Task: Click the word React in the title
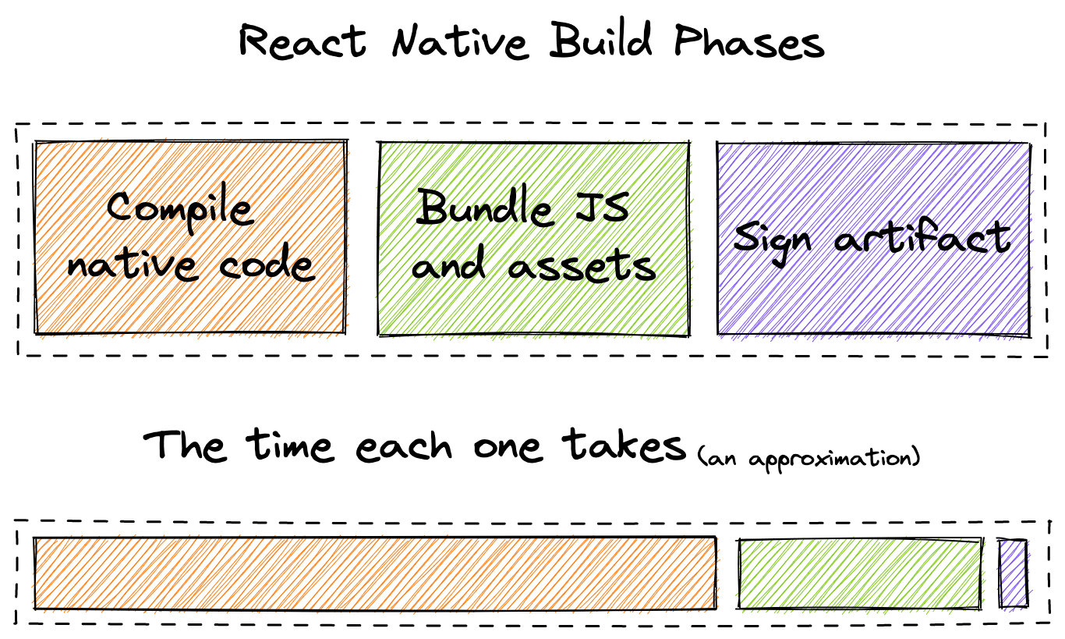pos(303,41)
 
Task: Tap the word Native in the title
pos(460,41)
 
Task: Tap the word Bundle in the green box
pos(483,208)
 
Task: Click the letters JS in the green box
pos(602,207)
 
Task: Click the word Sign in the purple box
pos(772,241)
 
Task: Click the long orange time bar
pos(375,573)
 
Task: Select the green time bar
pos(860,573)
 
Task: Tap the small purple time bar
pos(1013,573)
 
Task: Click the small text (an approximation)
pos(808,459)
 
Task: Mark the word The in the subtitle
pos(185,445)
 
